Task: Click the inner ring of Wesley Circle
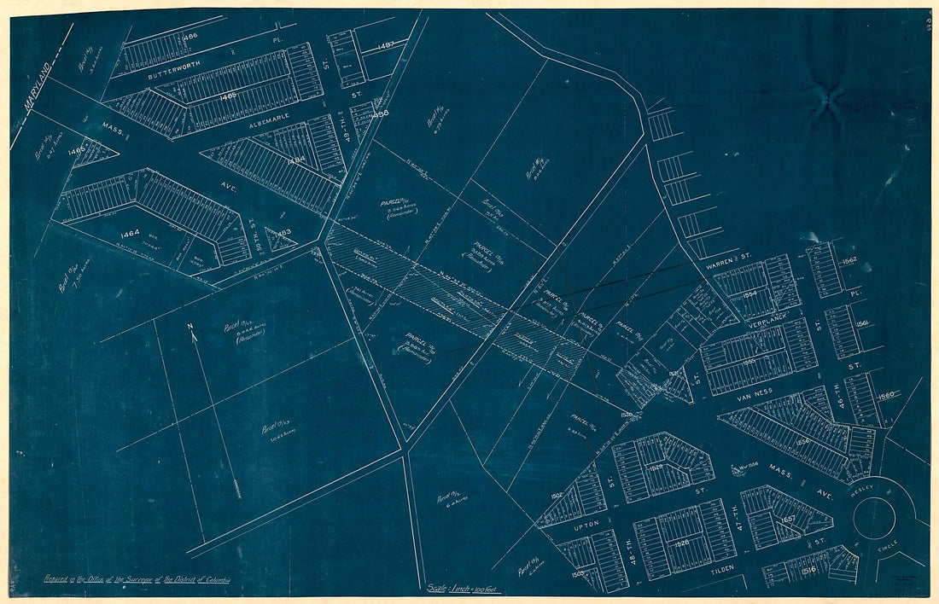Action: point(876,516)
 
